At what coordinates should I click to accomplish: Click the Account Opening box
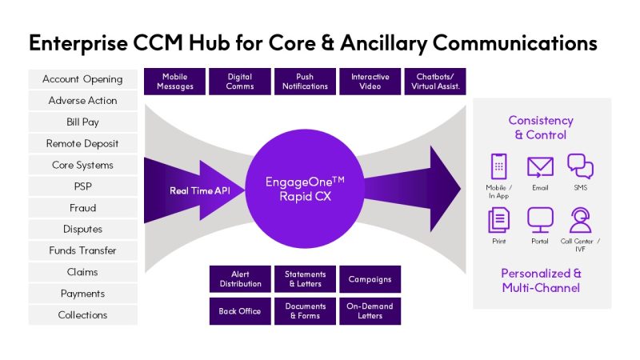click(x=82, y=79)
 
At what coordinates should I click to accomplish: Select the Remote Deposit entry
click(x=82, y=144)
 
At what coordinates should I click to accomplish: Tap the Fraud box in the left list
click(x=82, y=208)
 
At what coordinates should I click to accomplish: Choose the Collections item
click(x=82, y=315)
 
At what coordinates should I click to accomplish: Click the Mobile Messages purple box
click(x=174, y=82)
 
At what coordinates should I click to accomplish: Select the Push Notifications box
click(x=305, y=82)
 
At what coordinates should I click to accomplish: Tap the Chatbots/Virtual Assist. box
click(x=435, y=82)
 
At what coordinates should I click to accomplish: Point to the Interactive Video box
click(x=370, y=82)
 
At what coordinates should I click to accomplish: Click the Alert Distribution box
click(x=240, y=279)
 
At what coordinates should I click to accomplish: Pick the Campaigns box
click(x=370, y=279)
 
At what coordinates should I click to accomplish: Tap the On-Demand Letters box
click(x=370, y=311)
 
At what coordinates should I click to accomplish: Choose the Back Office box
click(x=240, y=311)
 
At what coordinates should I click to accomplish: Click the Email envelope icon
click(x=540, y=166)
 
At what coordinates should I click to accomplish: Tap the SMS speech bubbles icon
click(x=580, y=166)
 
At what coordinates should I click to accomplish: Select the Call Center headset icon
click(x=580, y=219)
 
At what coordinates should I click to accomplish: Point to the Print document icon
click(x=499, y=219)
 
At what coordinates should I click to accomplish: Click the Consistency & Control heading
click(x=541, y=127)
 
